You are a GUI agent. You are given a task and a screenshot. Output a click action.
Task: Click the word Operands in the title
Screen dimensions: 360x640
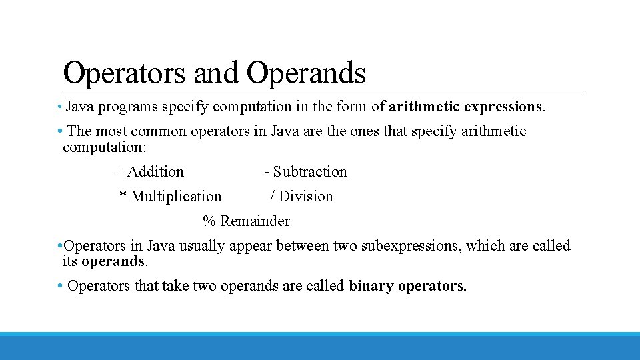point(306,73)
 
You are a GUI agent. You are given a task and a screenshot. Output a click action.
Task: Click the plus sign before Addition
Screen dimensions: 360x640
point(119,171)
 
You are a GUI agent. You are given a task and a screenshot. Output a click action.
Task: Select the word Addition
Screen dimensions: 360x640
point(155,172)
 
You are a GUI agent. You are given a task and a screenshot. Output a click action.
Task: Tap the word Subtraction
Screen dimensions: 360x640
point(310,172)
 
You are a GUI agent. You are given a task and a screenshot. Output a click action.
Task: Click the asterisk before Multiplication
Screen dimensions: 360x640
point(123,195)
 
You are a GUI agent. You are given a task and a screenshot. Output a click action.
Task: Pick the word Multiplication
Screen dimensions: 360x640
point(176,197)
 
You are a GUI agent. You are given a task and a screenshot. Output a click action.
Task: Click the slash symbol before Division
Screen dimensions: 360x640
point(272,196)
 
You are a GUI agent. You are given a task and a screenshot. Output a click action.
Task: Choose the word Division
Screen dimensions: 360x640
point(306,197)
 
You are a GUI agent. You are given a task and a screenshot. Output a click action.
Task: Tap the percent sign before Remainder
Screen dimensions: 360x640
point(209,221)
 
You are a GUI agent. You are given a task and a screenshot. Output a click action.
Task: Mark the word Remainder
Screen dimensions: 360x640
point(255,221)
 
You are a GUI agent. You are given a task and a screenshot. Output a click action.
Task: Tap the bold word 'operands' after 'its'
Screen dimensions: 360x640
point(113,261)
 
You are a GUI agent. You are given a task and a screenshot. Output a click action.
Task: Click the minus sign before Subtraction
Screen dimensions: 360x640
point(267,172)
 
